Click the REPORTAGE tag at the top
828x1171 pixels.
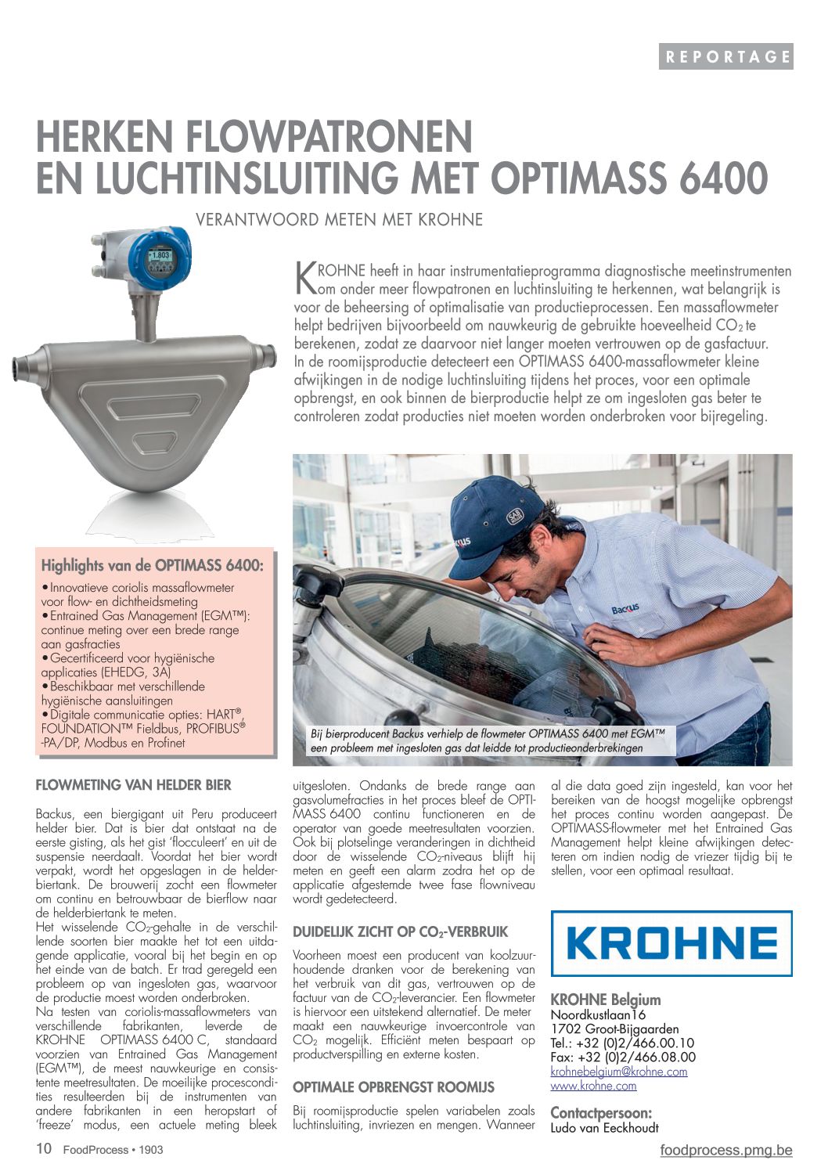pyautogui.click(x=725, y=56)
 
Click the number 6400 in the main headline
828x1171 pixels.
pyautogui.click(x=723, y=178)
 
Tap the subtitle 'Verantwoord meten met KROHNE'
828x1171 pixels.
pyautogui.click(x=339, y=219)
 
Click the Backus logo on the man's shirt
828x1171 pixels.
pyautogui.click(x=625, y=608)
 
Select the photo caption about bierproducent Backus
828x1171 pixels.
pyautogui.click(x=488, y=740)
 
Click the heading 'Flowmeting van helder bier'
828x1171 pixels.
pyautogui.click(x=134, y=785)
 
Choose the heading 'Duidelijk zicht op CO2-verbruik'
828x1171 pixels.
pyautogui.click(x=400, y=932)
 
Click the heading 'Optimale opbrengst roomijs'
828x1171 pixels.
pyautogui.click(x=394, y=1087)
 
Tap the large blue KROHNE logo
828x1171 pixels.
pyautogui.click(x=671, y=943)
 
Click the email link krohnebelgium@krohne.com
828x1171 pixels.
pyautogui.click(x=619, y=1072)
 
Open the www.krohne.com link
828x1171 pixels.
pyautogui.click(x=593, y=1086)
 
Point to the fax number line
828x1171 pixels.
pyautogui.click(x=623, y=1058)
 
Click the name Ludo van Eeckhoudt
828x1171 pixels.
pyautogui.click(x=604, y=1128)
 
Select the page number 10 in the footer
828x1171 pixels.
pyautogui.click(x=44, y=1149)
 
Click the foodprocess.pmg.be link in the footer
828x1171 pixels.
pyautogui.click(x=725, y=1150)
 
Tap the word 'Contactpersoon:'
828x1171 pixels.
pyautogui.click(x=601, y=1113)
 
